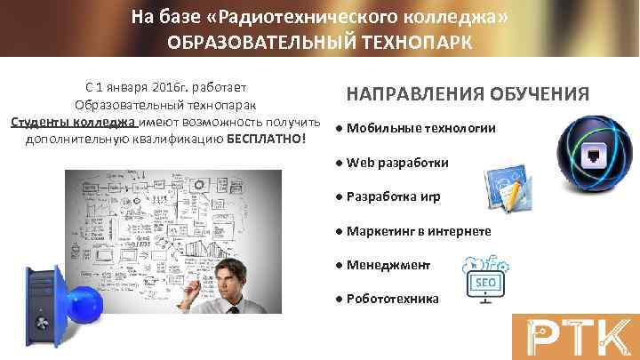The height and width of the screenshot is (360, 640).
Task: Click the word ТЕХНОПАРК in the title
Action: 406,42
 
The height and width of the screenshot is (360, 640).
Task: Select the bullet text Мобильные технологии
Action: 420,128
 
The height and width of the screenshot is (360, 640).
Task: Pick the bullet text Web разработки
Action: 397,163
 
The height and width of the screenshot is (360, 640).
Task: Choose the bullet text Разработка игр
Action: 392,196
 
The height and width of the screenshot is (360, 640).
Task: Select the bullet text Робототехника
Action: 392,299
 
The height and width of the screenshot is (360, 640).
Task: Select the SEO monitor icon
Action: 485,277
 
